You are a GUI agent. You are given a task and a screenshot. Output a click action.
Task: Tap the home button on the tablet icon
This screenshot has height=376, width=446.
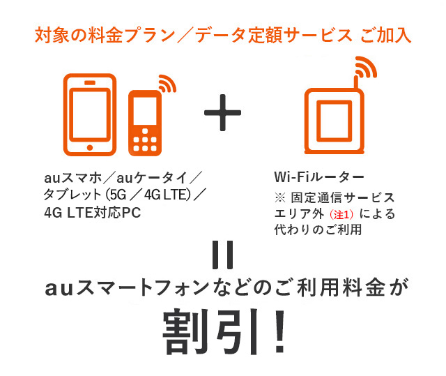pyautogui.click(x=90, y=146)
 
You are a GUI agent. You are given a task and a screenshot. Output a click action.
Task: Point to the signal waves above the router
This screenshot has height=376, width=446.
pyautogui.click(x=364, y=68)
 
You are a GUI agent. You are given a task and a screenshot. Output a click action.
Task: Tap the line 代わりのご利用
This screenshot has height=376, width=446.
pyautogui.click(x=318, y=231)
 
